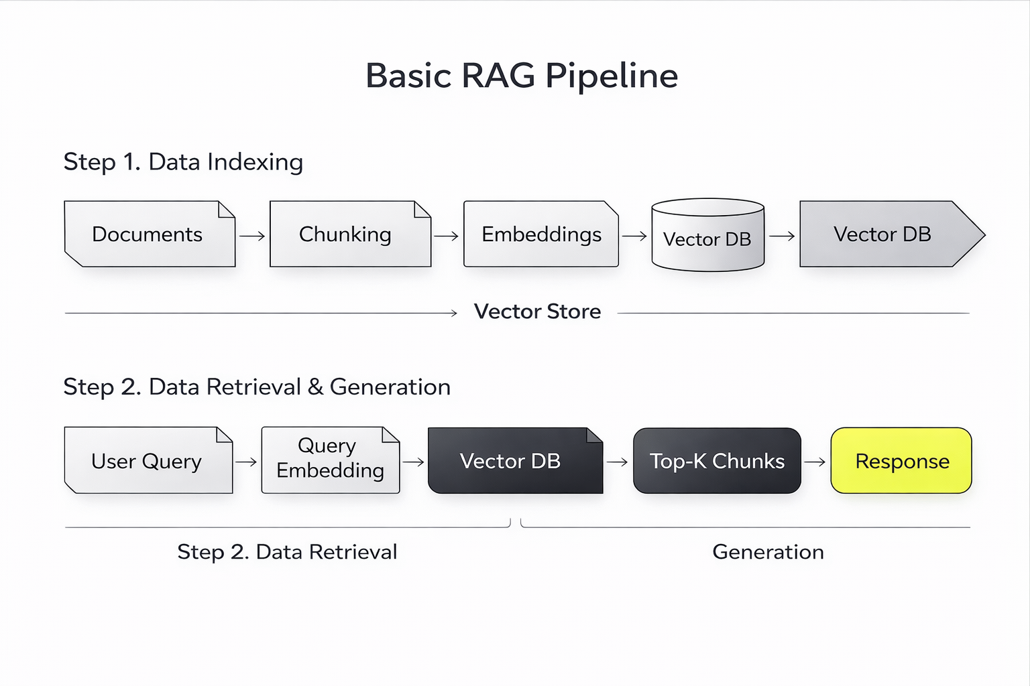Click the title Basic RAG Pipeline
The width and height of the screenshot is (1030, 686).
pyautogui.click(x=521, y=76)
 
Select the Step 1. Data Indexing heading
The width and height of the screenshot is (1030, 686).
pyautogui.click(x=183, y=162)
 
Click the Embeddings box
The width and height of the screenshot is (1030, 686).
pyautogui.click(x=540, y=234)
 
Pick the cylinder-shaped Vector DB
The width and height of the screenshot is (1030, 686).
pyautogui.click(x=707, y=238)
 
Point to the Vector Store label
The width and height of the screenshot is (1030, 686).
pyautogui.click(x=537, y=312)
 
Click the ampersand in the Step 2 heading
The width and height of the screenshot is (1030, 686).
pyautogui.click(x=315, y=387)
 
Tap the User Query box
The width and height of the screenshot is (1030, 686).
pyautogui.click(x=148, y=461)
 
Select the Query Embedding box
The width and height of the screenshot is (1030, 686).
pyautogui.click(x=330, y=460)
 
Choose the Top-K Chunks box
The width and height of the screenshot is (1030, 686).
pyautogui.click(x=717, y=461)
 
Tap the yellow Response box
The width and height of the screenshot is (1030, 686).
pyautogui.click(x=901, y=461)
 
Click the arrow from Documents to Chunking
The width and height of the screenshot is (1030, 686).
pyautogui.click(x=252, y=236)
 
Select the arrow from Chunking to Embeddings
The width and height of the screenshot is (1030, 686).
pyautogui.click(x=447, y=236)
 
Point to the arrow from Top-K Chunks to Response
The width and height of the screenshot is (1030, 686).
pyautogui.click(x=815, y=462)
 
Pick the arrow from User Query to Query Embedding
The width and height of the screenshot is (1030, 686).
pyautogui.click(x=246, y=462)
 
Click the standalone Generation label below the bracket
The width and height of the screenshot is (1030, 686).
pyautogui.click(x=768, y=552)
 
